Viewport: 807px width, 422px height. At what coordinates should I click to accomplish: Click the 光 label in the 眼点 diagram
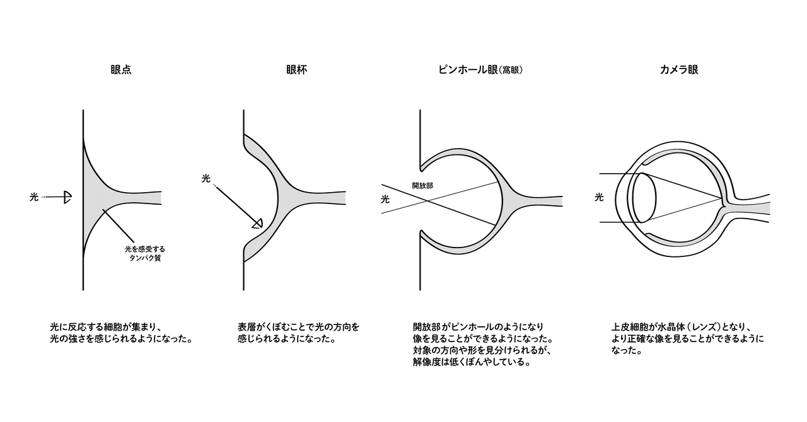[x=34, y=198]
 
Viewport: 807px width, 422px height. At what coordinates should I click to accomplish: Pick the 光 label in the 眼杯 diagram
[x=206, y=179]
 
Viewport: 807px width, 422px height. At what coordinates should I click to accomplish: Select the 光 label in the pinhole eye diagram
[x=385, y=199]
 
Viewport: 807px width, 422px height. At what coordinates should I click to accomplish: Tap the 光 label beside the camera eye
[x=599, y=198]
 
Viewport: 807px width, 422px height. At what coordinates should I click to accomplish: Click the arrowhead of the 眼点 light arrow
[x=67, y=198]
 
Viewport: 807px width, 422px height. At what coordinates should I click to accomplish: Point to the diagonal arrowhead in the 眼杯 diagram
[x=257, y=223]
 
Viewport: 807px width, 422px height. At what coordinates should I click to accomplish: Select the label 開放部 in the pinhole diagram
[x=422, y=186]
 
